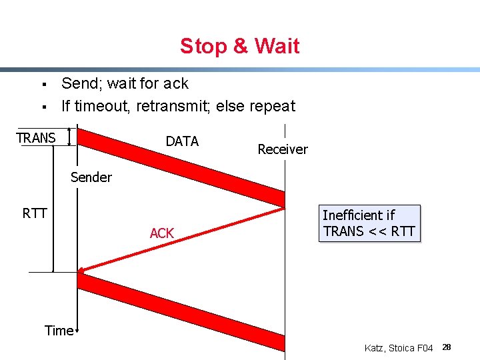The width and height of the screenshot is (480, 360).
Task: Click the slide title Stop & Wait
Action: tap(239, 46)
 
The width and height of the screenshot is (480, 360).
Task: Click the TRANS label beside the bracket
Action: tap(36, 138)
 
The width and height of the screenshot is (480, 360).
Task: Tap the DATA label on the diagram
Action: tap(182, 141)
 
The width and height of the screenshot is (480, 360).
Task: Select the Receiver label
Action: tap(283, 149)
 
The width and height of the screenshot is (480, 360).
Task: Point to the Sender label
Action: tap(91, 177)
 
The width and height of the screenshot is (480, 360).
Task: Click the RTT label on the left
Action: tap(35, 213)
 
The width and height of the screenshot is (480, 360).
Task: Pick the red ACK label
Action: tap(162, 233)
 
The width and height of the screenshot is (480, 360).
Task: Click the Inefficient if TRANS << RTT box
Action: tap(369, 223)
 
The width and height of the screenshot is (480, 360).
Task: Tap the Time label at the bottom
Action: tap(59, 331)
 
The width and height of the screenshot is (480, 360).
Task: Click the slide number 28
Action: tap(447, 347)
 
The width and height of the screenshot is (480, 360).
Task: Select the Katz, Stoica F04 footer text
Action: tap(399, 348)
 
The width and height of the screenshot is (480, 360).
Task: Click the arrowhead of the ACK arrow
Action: tap(81, 271)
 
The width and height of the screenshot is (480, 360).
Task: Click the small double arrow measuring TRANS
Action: tap(69, 137)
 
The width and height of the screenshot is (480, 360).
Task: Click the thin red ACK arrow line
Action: tap(180, 241)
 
